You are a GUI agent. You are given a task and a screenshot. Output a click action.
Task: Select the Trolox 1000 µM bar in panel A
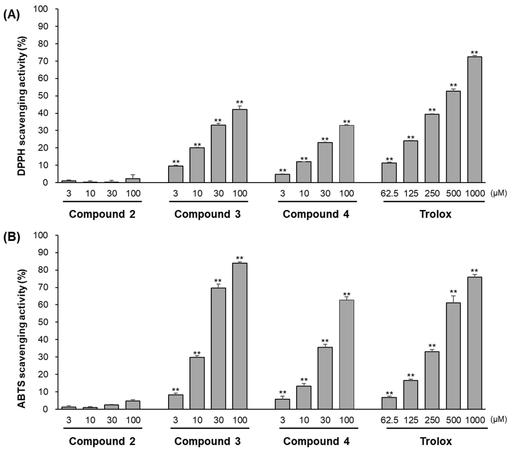point(474,120)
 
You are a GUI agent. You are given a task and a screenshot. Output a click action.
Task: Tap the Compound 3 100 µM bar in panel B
point(240,336)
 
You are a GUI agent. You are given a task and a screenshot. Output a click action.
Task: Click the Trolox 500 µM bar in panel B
point(453,356)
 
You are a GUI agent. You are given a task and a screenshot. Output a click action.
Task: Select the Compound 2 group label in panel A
point(102,214)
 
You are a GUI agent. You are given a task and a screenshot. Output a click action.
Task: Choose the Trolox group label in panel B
point(436,441)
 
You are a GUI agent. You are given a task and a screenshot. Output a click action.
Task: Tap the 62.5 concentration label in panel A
point(389,194)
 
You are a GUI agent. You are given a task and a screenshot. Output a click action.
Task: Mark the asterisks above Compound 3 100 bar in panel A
point(240,102)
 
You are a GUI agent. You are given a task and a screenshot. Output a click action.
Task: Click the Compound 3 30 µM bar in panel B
point(218,348)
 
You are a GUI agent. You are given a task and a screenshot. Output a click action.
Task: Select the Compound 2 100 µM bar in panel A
point(133,180)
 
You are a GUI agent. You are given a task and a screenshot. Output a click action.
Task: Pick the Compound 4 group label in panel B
point(316,441)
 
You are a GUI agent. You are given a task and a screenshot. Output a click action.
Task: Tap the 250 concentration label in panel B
point(432,420)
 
